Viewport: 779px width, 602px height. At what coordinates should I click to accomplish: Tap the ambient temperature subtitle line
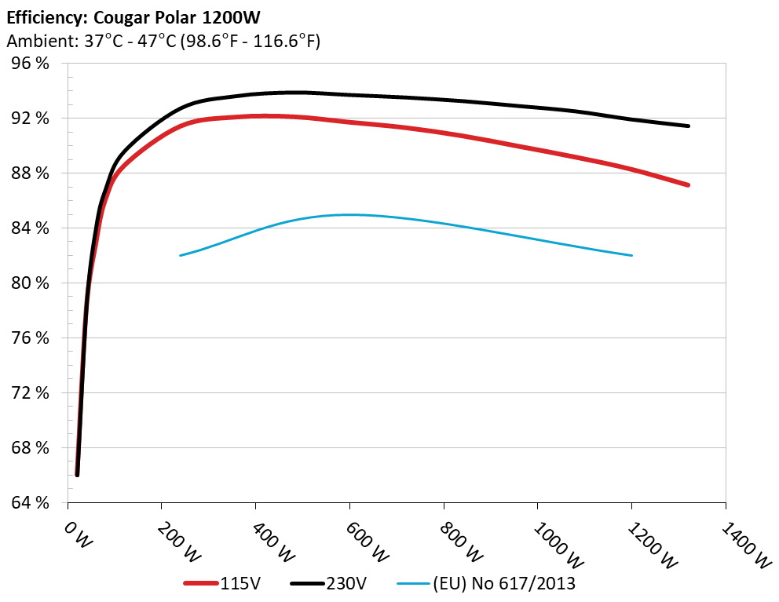pyautogui.click(x=163, y=42)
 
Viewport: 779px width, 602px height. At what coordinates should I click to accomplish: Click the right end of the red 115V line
pyautogui.click(x=688, y=185)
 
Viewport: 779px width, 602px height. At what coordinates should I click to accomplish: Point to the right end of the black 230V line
pyautogui.click(x=688, y=126)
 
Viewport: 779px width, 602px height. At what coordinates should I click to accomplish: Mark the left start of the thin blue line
pyautogui.click(x=181, y=255)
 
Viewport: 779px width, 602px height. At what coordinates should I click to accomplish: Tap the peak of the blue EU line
pyautogui.click(x=349, y=214)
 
